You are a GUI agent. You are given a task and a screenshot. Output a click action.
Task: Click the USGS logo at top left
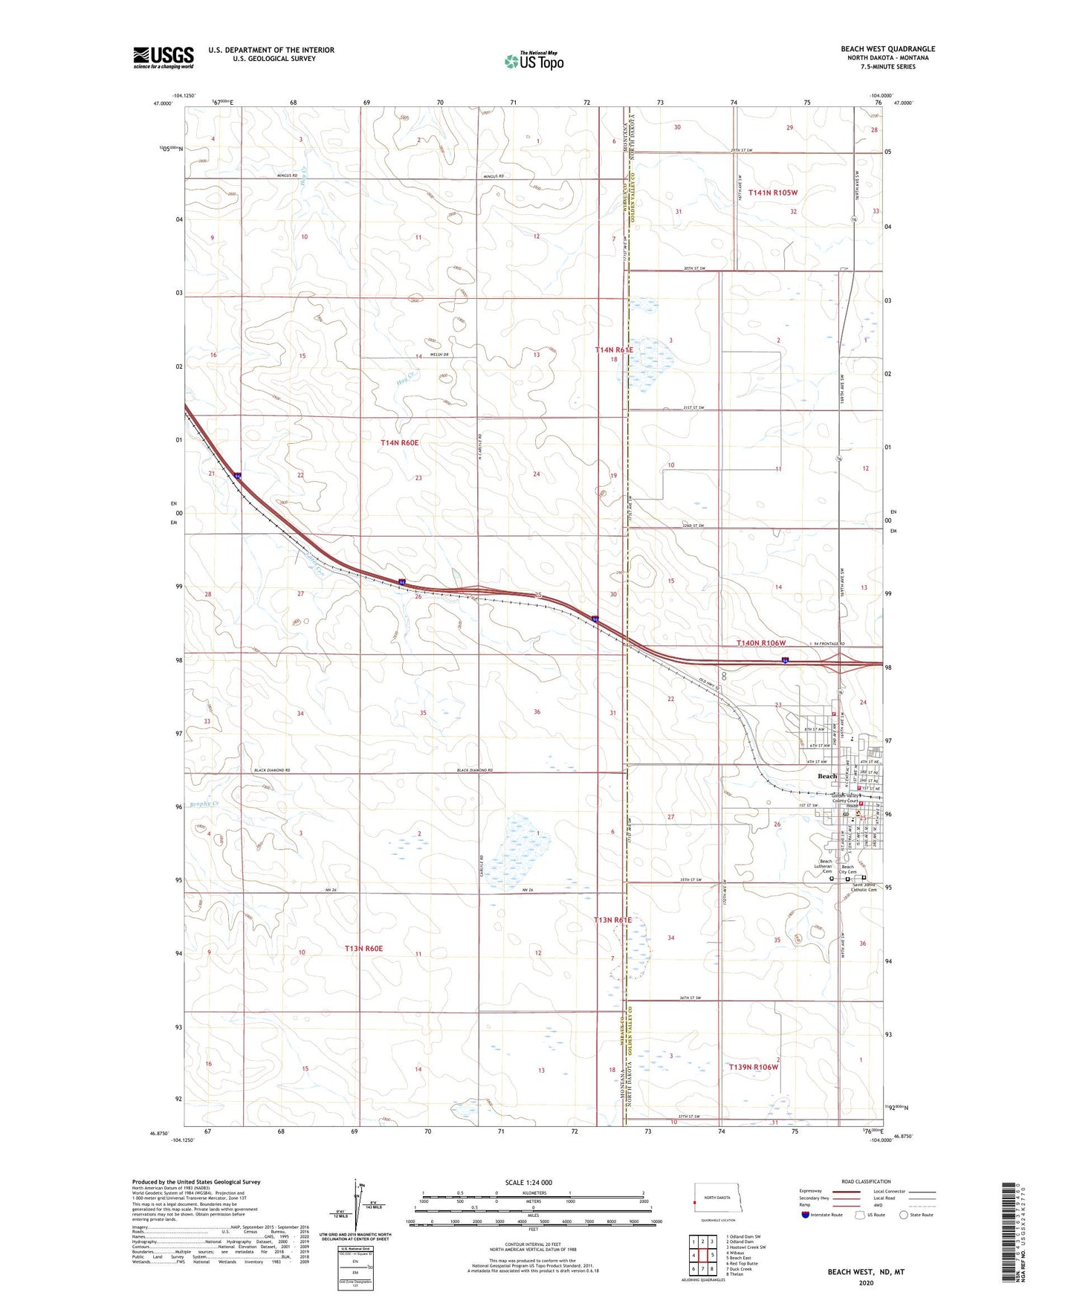tap(164, 56)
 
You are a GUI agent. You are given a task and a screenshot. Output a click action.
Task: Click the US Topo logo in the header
tap(533, 61)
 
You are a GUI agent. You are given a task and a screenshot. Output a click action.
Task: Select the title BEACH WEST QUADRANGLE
tap(887, 49)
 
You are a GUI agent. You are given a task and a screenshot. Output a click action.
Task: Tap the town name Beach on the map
tap(826, 776)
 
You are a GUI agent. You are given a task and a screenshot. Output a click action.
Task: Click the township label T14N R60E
tap(399, 443)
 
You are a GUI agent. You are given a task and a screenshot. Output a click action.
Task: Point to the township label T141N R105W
tap(772, 193)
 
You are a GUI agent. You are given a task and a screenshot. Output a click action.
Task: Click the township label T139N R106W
tap(753, 1067)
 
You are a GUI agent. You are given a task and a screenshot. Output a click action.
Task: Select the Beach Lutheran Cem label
tap(823, 868)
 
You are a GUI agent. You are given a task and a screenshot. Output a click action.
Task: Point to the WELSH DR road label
tap(439, 355)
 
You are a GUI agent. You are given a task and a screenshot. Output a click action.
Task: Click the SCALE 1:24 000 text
tap(528, 1182)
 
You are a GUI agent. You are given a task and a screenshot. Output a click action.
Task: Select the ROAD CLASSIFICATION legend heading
tap(866, 1181)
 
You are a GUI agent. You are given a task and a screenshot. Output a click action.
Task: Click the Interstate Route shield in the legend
tap(806, 1215)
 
